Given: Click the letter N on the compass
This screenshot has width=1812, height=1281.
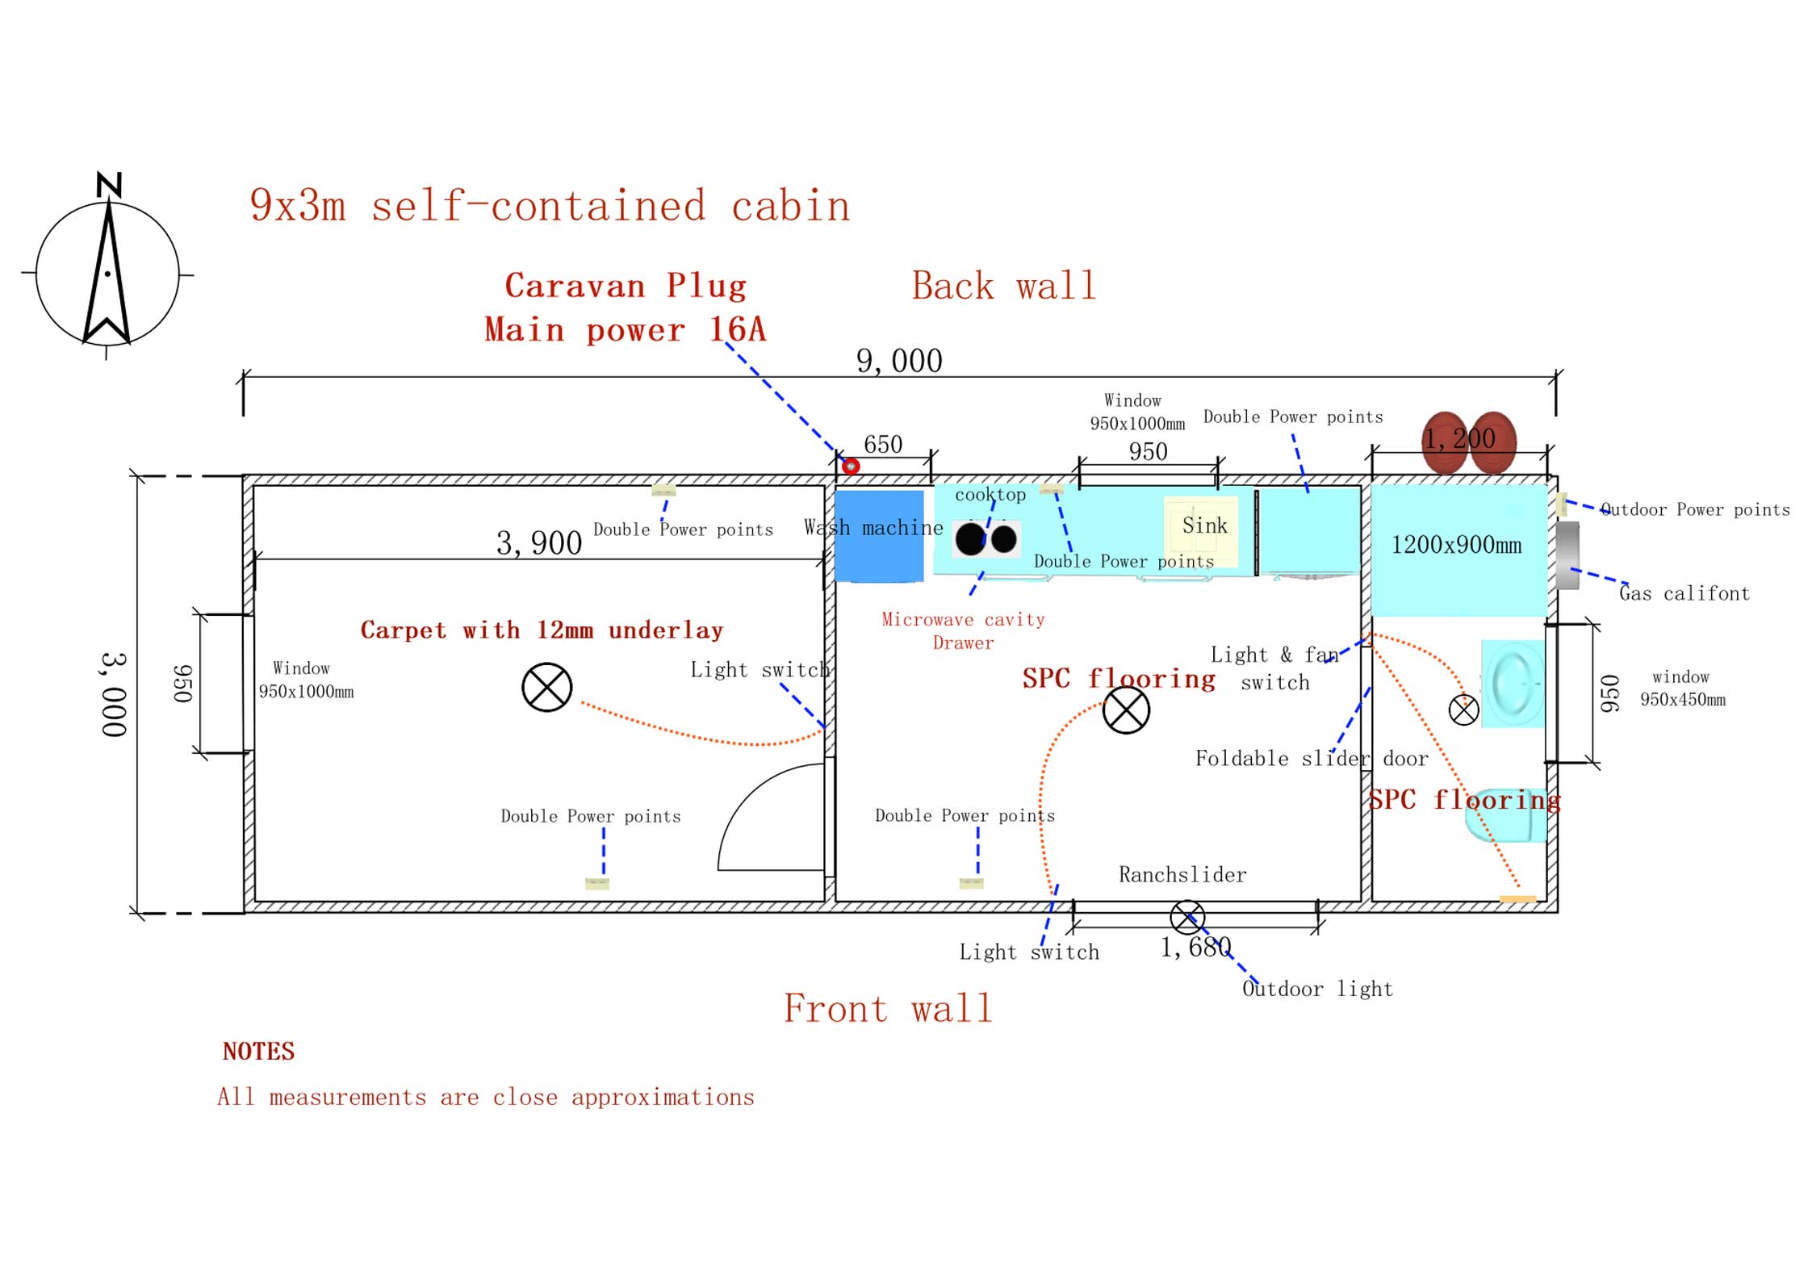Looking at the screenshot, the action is (x=109, y=185).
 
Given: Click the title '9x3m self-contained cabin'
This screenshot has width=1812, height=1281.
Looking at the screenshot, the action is (x=550, y=206).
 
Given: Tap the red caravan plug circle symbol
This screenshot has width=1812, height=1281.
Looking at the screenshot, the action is (x=851, y=466).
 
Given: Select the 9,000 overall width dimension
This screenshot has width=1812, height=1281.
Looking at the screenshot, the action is (x=899, y=361).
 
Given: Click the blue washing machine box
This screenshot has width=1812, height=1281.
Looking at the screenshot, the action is (x=879, y=536).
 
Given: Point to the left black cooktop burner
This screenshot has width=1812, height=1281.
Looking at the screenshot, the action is (x=970, y=538).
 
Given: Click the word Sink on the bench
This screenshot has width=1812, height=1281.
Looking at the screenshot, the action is (x=1204, y=525).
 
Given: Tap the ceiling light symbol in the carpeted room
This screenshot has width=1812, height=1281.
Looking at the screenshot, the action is (x=546, y=688).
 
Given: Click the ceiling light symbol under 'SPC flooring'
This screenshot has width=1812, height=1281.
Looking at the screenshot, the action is (x=1126, y=710).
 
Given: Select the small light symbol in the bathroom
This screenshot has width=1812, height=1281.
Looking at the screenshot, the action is (x=1464, y=710).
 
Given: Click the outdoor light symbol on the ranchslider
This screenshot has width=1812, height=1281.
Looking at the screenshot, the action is (x=1187, y=918).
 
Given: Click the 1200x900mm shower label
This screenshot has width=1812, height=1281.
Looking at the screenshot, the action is (x=1456, y=545).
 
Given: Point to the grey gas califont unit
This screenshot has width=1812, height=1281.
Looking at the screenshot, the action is (x=1567, y=555).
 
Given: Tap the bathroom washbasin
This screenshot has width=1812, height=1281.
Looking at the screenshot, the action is (x=1513, y=684).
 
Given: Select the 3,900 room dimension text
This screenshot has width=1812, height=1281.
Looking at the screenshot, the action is (x=539, y=543).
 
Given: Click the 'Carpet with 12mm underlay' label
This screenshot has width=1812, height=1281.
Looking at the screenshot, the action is (x=542, y=630).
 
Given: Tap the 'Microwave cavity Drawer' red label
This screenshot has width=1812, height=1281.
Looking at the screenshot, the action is (x=963, y=631).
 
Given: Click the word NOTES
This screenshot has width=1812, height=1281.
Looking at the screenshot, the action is (x=258, y=1051).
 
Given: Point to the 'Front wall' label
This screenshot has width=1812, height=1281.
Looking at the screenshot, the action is (x=888, y=1008).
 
